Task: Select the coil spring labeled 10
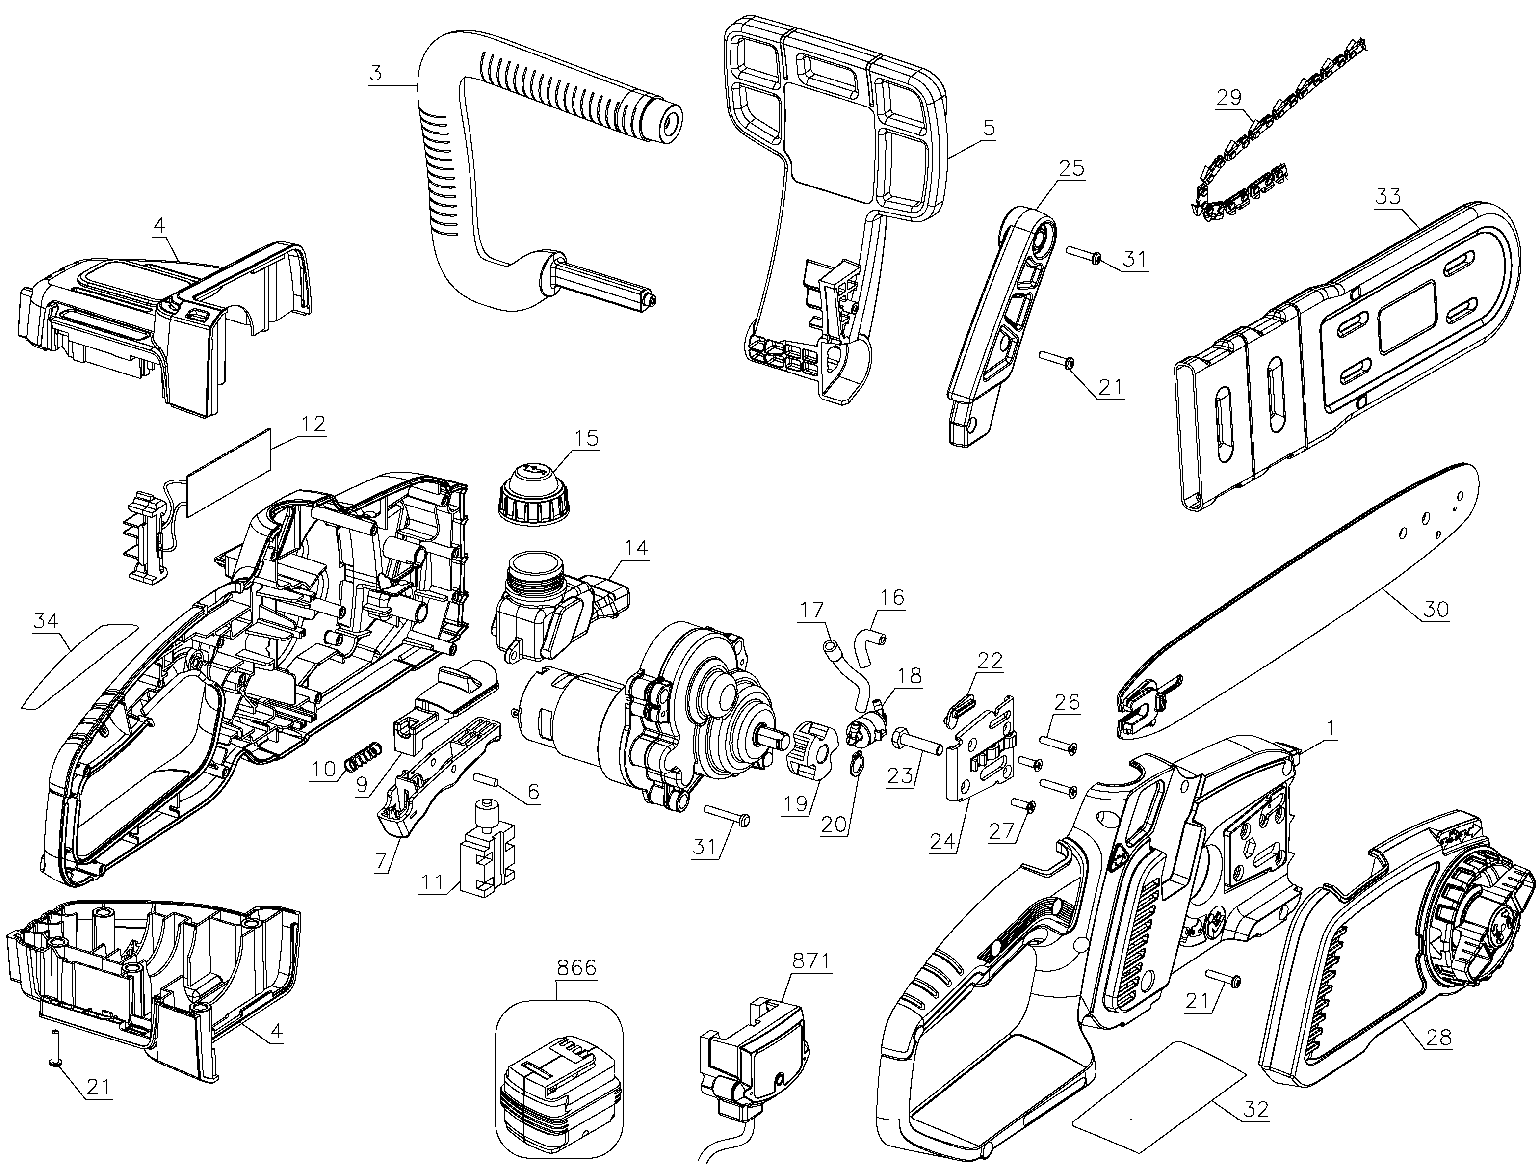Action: click(x=364, y=755)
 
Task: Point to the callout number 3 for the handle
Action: click(x=377, y=73)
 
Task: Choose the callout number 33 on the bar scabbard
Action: click(x=1388, y=196)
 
